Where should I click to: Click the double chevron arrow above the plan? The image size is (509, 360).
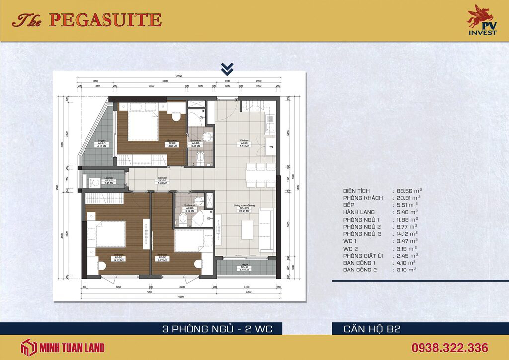pos(227,68)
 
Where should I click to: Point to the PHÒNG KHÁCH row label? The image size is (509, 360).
pos(363,198)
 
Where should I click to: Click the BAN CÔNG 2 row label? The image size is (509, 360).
pos(361,270)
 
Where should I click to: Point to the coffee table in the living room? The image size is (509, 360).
pos(247,229)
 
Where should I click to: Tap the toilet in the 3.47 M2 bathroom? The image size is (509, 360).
pos(199,158)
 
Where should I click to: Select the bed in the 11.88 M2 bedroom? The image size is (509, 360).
pos(143,125)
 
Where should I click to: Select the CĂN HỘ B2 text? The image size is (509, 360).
pos(372,328)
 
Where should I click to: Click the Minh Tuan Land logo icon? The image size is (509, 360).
pos(28,348)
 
